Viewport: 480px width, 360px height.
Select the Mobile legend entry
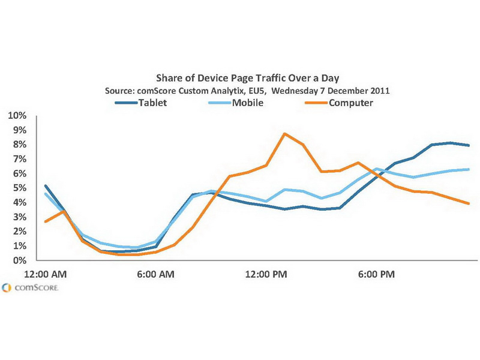point(248,103)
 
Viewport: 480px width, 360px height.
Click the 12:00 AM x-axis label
point(46,275)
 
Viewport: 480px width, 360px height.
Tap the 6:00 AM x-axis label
point(155,275)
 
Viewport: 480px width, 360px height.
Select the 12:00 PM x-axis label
point(267,275)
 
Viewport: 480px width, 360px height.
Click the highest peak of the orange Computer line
point(285,133)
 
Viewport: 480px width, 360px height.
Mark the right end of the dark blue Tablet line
point(469,145)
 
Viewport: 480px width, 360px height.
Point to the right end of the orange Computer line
point(469,203)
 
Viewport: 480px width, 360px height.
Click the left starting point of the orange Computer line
point(46,221)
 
